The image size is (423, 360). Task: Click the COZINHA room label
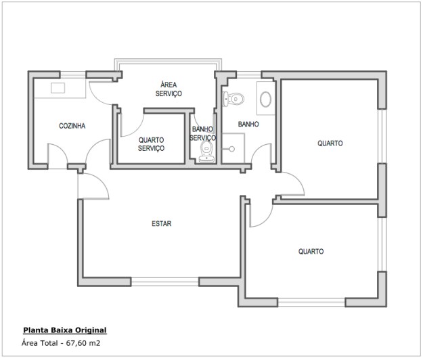(72, 126)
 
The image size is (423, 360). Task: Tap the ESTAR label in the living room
(161, 223)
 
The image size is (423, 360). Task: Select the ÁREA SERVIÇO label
(169, 89)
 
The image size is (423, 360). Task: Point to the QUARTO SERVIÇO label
(151, 144)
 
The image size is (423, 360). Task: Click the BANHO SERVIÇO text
(202, 133)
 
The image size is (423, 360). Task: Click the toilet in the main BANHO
(233, 99)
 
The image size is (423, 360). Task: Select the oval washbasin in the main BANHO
(266, 99)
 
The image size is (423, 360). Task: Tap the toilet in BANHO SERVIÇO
(206, 152)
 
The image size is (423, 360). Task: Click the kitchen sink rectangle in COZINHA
(58, 88)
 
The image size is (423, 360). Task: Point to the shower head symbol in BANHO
(231, 149)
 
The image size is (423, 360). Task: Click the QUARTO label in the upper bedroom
(330, 143)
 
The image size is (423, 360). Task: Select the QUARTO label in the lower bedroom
(311, 251)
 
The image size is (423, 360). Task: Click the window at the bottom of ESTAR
(165, 282)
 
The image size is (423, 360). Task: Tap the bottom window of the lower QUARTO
(311, 302)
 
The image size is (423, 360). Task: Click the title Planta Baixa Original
(65, 330)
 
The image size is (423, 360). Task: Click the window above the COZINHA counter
(73, 74)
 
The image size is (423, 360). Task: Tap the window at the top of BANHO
(249, 74)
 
